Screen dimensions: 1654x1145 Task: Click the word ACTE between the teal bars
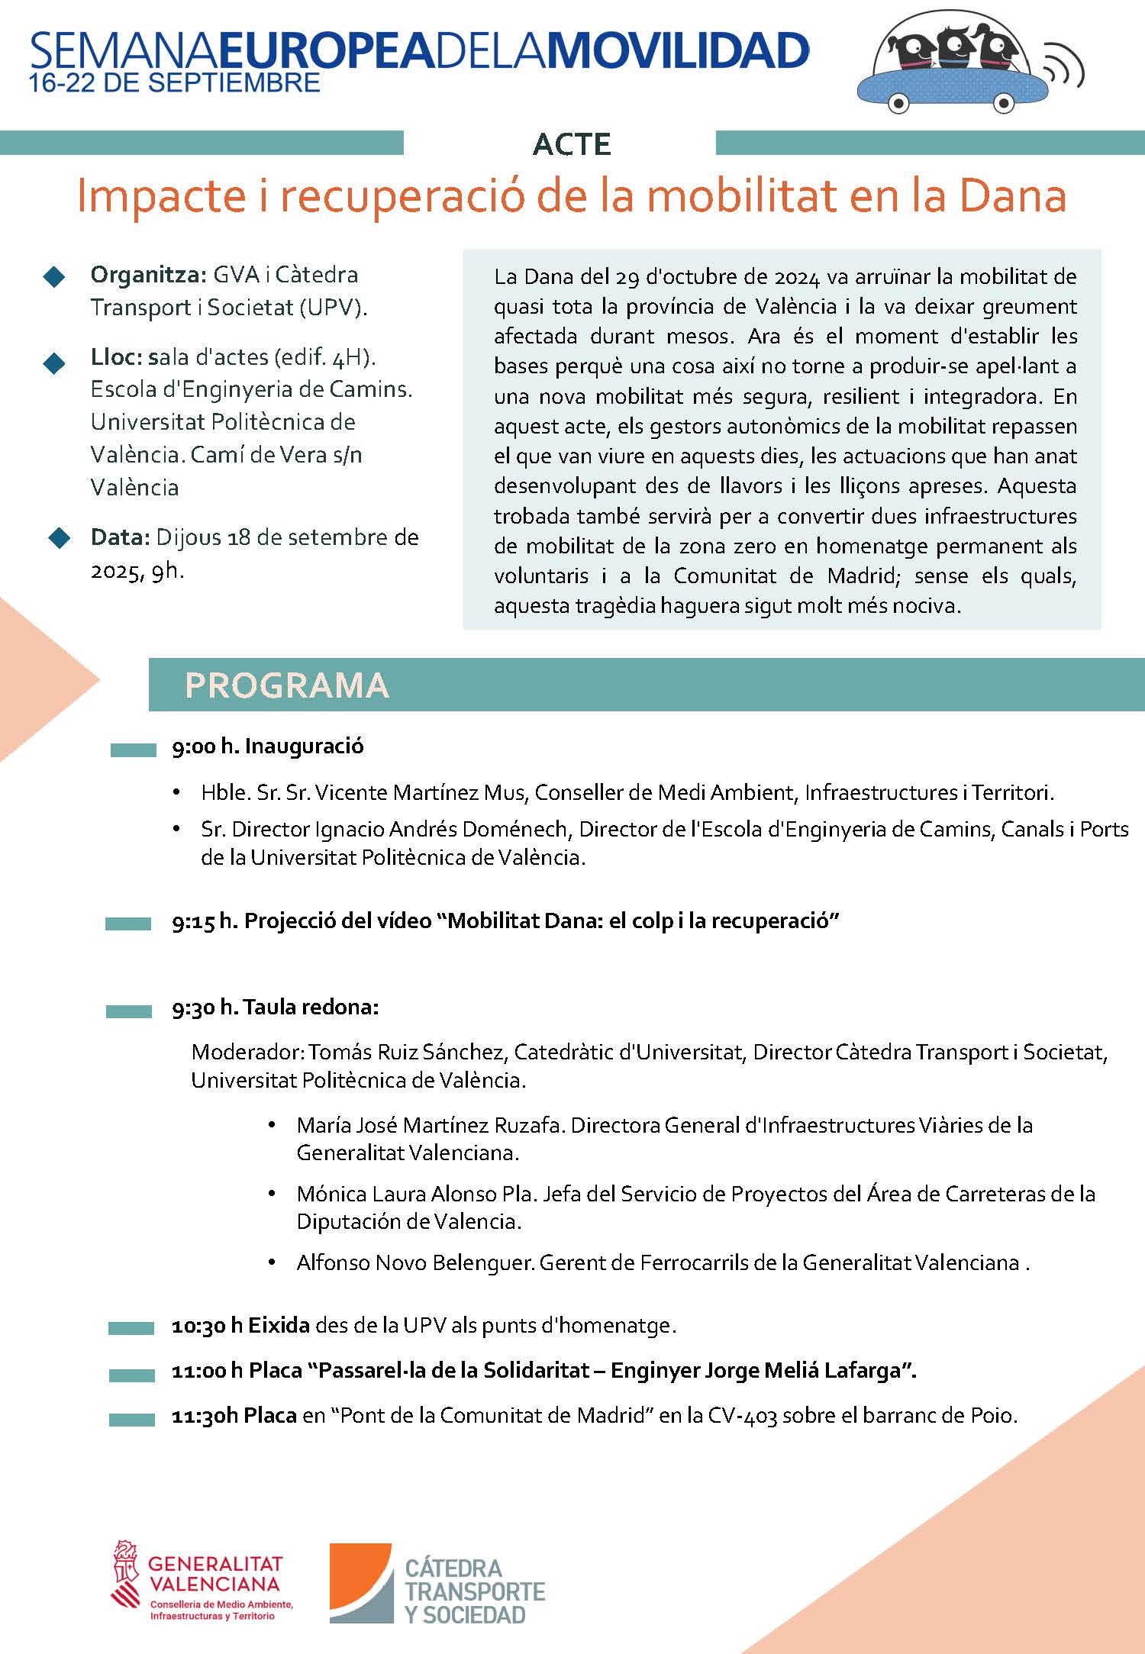572,144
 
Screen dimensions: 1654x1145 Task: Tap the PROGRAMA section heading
287,685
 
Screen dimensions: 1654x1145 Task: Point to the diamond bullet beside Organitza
55,277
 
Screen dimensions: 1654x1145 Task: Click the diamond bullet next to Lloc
55,363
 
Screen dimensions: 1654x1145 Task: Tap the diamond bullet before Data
59,538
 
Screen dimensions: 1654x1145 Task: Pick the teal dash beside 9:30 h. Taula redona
128,1011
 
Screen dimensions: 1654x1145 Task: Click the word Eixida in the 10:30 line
279,1325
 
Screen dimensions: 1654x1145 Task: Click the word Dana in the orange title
1012,196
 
